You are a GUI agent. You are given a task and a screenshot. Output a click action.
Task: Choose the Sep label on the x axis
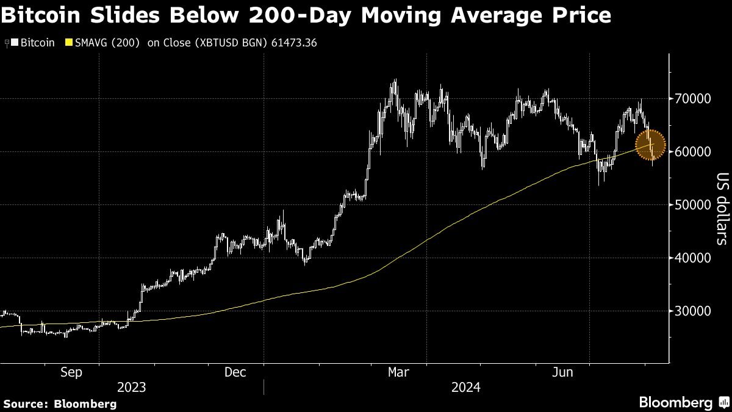(x=72, y=372)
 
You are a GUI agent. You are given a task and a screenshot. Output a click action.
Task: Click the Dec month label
(x=235, y=372)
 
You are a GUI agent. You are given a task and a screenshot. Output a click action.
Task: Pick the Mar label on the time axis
(x=399, y=372)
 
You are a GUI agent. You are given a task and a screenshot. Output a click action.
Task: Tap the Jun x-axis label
(x=562, y=372)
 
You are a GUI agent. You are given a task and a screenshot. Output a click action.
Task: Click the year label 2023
(x=132, y=387)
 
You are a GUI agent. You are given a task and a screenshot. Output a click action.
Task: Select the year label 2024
(x=466, y=387)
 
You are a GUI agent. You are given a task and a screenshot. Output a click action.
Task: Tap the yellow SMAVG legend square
(x=68, y=43)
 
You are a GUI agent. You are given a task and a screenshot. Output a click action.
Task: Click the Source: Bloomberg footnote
(x=60, y=403)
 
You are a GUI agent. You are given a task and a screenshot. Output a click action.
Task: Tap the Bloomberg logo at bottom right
(x=683, y=402)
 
